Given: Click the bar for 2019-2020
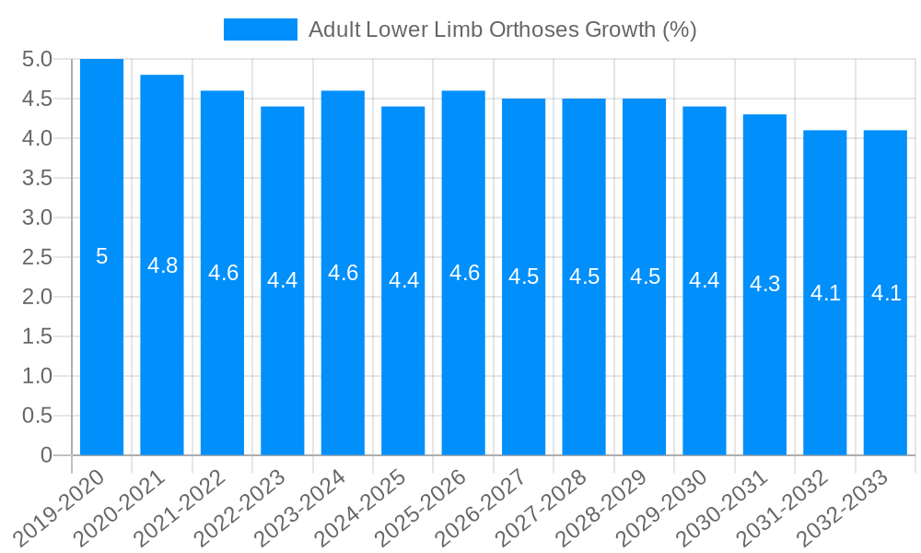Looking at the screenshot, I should coord(101,350).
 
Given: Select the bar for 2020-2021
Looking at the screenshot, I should coord(162,359).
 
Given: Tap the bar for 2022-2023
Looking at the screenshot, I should coord(283,369).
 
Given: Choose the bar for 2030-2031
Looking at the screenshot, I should coord(764,369).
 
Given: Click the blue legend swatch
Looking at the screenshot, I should coord(261,29).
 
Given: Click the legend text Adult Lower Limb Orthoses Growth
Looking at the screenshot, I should coord(502,29).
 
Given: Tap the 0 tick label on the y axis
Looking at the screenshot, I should coord(47,455).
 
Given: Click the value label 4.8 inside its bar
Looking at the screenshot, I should coord(162,265).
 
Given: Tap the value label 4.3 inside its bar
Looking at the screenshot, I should coord(764,284).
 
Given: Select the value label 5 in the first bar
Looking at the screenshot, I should coord(101,257).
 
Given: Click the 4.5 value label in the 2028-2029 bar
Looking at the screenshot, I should coord(645,276).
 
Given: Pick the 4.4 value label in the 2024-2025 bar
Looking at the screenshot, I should coord(403,280).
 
